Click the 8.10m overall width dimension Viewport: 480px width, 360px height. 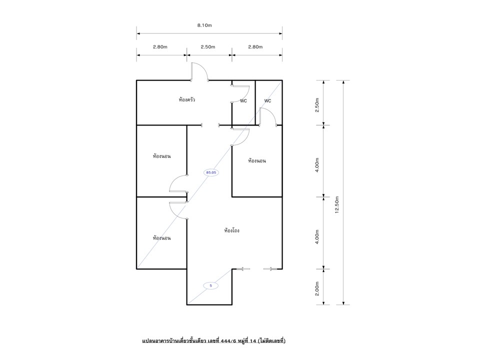(x=204, y=25)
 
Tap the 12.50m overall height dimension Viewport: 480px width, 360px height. (x=337, y=204)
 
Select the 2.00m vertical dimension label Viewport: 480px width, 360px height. (x=317, y=288)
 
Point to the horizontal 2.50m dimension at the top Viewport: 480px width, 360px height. (x=208, y=47)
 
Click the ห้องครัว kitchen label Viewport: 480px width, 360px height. (x=187, y=100)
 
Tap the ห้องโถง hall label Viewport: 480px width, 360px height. (x=231, y=230)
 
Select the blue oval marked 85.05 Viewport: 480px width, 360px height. (x=211, y=172)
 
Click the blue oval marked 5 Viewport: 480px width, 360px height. (x=211, y=285)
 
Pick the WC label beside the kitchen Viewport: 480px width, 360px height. (x=243, y=100)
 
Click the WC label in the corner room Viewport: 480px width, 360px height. (x=267, y=100)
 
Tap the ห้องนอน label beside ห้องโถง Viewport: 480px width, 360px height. (x=161, y=238)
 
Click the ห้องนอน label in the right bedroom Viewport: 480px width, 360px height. (x=257, y=160)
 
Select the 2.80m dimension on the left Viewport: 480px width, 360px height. (x=160, y=47)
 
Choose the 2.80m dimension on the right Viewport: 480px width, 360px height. (x=255, y=47)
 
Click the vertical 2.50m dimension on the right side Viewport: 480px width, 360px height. (x=317, y=105)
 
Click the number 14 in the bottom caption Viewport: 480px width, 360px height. (x=253, y=340)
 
